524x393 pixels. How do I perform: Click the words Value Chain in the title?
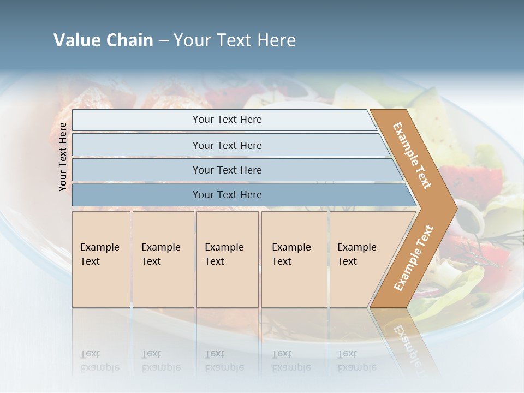(103, 40)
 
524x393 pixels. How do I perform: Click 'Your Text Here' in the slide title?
(235, 40)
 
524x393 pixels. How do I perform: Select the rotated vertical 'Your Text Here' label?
(63, 157)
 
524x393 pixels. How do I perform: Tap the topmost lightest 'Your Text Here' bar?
(227, 120)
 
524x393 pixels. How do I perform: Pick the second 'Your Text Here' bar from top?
(227, 145)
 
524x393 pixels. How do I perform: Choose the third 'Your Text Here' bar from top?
(227, 170)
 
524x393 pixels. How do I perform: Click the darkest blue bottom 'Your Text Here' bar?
(227, 195)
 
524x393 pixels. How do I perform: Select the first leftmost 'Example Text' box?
(101, 259)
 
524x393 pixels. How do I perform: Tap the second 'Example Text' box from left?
(163, 259)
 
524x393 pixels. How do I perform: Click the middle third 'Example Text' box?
(227, 259)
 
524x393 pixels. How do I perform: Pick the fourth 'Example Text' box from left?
(294, 259)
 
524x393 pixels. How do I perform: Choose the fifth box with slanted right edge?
(360, 259)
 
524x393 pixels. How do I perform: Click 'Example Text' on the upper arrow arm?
(412, 156)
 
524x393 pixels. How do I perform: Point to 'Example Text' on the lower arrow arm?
(414, 258)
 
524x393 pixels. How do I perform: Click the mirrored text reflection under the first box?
(99, 361)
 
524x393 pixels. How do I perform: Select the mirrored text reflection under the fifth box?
(357, 361)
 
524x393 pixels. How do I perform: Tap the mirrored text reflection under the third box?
(224, 361)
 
